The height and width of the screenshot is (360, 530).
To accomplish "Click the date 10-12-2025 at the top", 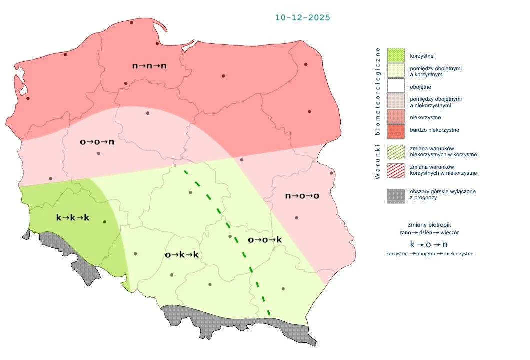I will (x=302, y=17).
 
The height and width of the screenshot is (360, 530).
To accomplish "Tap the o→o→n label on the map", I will (x=97, y=142).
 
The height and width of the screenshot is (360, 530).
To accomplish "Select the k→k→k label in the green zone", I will (x=72, y=217).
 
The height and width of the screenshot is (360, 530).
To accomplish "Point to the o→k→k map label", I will (x=182, y=255).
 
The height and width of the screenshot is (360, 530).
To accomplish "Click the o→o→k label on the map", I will (x=265, y=240).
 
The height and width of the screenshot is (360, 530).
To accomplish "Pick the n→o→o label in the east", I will (x=302, y=196).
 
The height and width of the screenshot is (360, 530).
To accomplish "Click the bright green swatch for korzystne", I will (x=395, y=55).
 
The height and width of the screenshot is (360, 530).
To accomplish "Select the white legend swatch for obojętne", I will (x=395, y=87).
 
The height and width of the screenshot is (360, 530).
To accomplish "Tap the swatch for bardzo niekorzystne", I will (x=395, y=130).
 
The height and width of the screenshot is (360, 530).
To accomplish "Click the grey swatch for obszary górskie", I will (x=395, y=195).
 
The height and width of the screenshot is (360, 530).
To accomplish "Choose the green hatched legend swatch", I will (x=395, y=152).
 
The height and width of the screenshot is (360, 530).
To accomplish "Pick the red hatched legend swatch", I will (x=395, y=170).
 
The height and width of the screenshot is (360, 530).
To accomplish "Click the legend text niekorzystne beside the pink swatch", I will (x=425, y=117).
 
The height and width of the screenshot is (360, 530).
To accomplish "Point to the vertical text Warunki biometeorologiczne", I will (x=378, y=113).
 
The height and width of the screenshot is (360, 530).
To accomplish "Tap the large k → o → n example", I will (x=428, y=244).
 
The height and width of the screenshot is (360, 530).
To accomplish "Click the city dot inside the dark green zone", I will (x=104, y=222).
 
